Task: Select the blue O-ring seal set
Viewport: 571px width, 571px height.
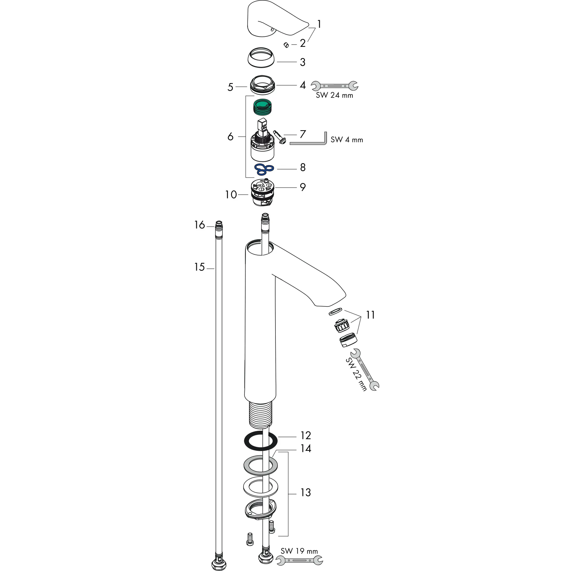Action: point(264,169)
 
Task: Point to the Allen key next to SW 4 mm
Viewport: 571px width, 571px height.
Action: point(310,143)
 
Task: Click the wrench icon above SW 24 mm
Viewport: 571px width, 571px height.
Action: point(335,86)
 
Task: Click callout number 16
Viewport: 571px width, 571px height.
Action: point(200,225)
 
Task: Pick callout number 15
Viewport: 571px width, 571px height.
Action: point(200,267)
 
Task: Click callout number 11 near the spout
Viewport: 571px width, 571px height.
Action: point(370,315)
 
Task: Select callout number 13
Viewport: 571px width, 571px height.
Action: point(306,493)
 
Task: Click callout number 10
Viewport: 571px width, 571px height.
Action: point(231,195)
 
